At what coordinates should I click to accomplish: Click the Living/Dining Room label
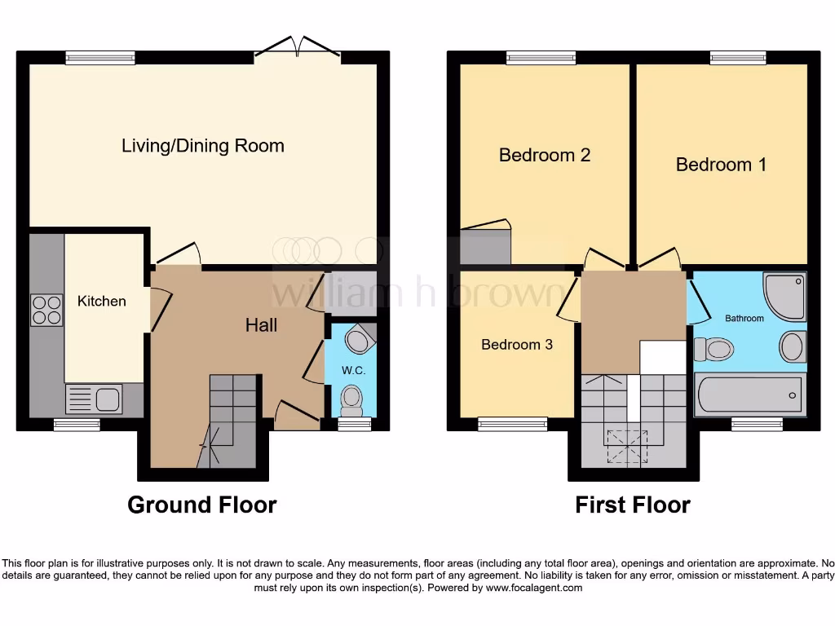click(203, 146)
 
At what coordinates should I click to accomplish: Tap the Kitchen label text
click(102, 302)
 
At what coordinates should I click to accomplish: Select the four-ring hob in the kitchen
click(46, 309)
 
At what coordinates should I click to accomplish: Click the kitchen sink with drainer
click(94, 399)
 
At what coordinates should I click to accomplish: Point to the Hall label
click(261, 325)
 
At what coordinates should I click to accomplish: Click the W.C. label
click(352, 370)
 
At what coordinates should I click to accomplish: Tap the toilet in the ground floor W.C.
click(351, 399)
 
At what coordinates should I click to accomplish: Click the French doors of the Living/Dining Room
click(298, 47)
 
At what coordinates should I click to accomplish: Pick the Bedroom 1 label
click(721, 165)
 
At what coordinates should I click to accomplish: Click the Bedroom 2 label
click(545, 155)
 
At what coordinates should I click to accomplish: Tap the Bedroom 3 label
click(517, 345)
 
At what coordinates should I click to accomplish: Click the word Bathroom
click(744, 318)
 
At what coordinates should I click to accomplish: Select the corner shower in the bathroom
click(784, 297)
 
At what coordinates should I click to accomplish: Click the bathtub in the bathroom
click(749, 395)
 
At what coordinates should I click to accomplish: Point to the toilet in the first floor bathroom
click(713, 350)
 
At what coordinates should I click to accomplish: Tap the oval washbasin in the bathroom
click(792, 346)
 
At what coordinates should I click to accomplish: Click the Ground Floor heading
click(201, 505)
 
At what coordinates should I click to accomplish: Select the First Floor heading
click(633, 505)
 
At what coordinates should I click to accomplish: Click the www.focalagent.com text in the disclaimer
click(534, 588)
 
